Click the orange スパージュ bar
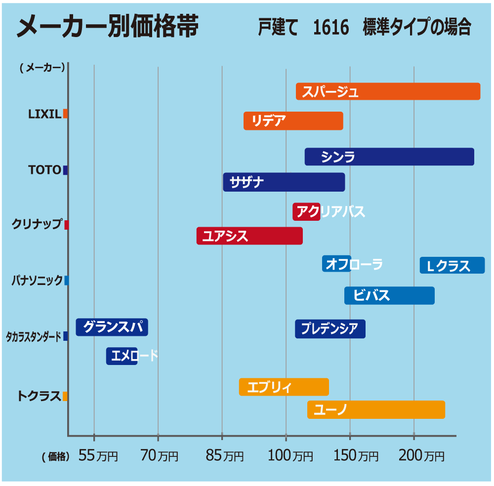point(388,91)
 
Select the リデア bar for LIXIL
point(293,121)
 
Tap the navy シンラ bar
point(389,157)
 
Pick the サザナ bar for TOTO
point(284,182)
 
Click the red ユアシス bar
point(249,236)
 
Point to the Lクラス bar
point(452,265)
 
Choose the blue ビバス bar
point(389,295)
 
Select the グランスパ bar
point(112,327)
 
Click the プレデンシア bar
point(330,329)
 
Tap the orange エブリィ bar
point(284,387)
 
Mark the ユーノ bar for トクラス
point(376,409)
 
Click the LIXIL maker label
point(44,114)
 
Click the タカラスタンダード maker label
point(34,337)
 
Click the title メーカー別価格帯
point(107,26)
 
